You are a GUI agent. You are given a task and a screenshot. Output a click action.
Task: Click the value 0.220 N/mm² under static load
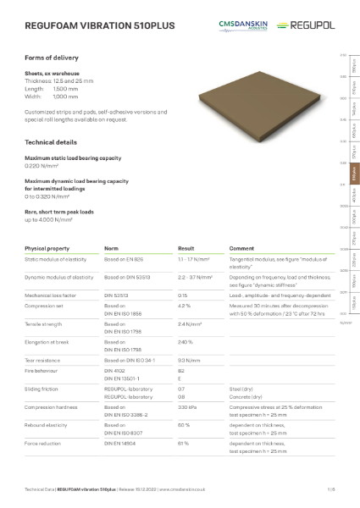click(42, 167)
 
